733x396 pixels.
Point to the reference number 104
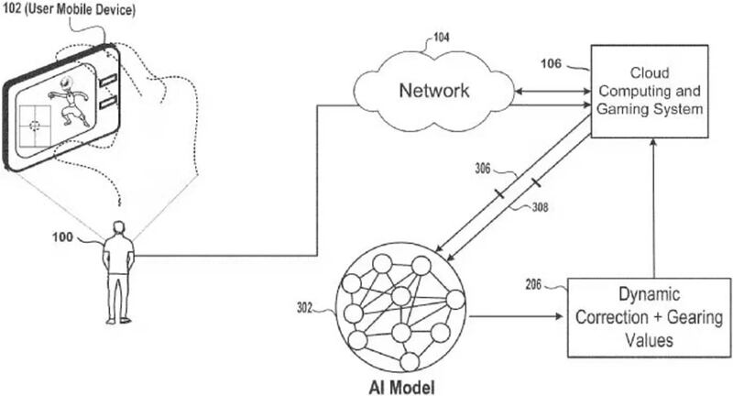point(442,38)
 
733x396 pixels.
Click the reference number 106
point(553,64)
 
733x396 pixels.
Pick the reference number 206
point(537,286)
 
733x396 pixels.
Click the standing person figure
point(117,270)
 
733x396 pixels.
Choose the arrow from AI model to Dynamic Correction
point(518,318)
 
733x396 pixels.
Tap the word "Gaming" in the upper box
point(621,109)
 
